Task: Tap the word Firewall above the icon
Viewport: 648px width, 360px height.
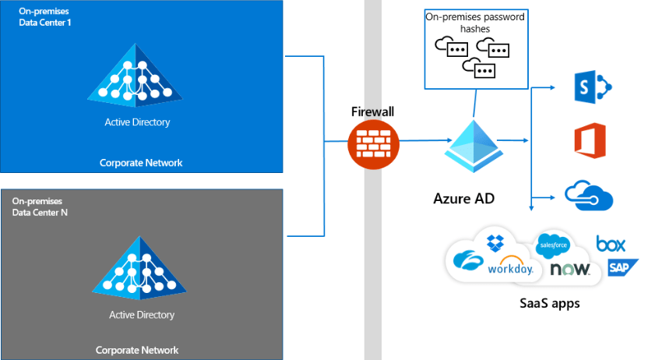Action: click(372, 112)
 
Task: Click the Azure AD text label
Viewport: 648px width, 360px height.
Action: click(464, 198)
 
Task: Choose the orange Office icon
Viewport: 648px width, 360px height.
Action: click(589, 141)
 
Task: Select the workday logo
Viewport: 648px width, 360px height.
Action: click(510, 268)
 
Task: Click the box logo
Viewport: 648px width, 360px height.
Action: click(611, 244)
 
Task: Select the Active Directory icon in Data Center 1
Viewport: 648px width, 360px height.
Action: click(137, 77)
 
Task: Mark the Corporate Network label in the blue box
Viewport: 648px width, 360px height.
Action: click(141, 163)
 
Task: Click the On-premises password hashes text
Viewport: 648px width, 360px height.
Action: click(474, 22)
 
